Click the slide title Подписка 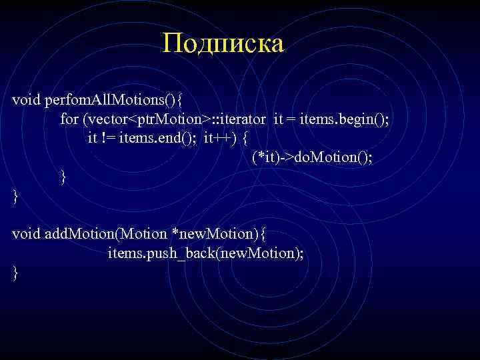[223, 44]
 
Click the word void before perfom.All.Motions [26, 100]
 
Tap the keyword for [69, 119]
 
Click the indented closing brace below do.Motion [63, 177]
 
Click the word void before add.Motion [26, 234]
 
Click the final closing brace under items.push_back [15, 272]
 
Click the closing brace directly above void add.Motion [15, 196]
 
